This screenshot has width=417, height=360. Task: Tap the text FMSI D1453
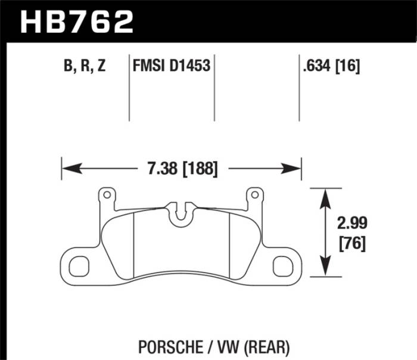pos(172,67)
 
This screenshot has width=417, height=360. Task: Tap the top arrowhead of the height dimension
pos(325,193)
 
